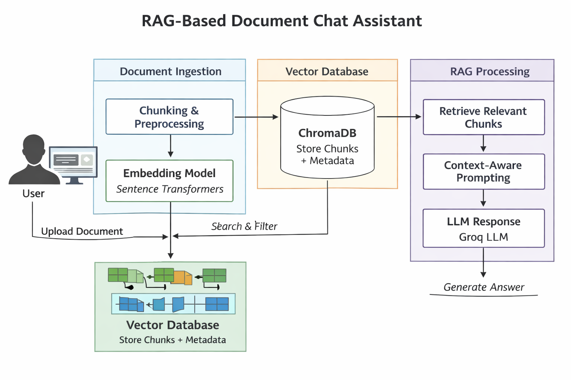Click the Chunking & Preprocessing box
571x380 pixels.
click(170, 117)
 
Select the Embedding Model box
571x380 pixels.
click(170, 181)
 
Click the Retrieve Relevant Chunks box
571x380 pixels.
click(484, 117)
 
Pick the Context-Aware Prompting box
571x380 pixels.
click(484, 171)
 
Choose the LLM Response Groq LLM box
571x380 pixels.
click(484, 228)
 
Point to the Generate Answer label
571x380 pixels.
click(484, 287)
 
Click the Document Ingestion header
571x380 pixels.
click(170, 71)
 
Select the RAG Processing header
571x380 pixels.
click(490, 71)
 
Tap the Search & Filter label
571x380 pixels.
click(244, 226)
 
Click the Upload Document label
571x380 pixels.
click(82, 231)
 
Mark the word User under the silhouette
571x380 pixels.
click(33, 193)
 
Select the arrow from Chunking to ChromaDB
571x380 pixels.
click(257, 117)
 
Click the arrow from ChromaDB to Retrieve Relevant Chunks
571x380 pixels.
click(399, 117)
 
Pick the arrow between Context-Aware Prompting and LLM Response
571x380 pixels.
click(483, 198)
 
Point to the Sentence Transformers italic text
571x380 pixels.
click(170, 189)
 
